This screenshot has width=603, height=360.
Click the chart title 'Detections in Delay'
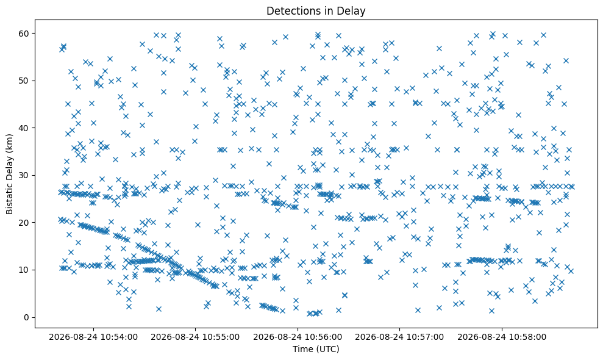click(x=316, y=11)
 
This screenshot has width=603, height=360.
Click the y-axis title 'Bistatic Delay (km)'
click(x=9, y=174)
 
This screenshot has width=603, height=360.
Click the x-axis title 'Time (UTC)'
click(x=316, y=349)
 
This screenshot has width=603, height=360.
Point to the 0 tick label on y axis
click(x=27, y=317)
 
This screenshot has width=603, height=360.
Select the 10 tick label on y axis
click(x=24, y=270)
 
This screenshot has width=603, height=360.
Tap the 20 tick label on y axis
click(x=24, y=223)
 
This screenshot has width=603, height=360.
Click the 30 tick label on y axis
click(x=24, y=175)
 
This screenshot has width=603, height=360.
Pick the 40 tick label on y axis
click(x=24, y=128)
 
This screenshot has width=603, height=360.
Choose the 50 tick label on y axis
click(x=24, y=81)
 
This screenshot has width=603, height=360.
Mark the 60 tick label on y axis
click(x=24, y=34)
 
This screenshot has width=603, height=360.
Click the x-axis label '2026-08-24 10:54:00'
click(x=93, y=337)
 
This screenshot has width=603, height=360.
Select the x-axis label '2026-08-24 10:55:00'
click(x=195, y=337)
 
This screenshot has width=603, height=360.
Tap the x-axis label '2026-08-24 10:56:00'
click(x=298, y=337)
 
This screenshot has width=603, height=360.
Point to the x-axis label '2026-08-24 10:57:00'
click(x=399, y=337)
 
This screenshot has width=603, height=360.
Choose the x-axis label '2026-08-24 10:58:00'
click(x=501, y=337)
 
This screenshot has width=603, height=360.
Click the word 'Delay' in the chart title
click(x=352, y=11)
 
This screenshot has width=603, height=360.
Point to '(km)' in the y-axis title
click(x=9, y=142)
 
